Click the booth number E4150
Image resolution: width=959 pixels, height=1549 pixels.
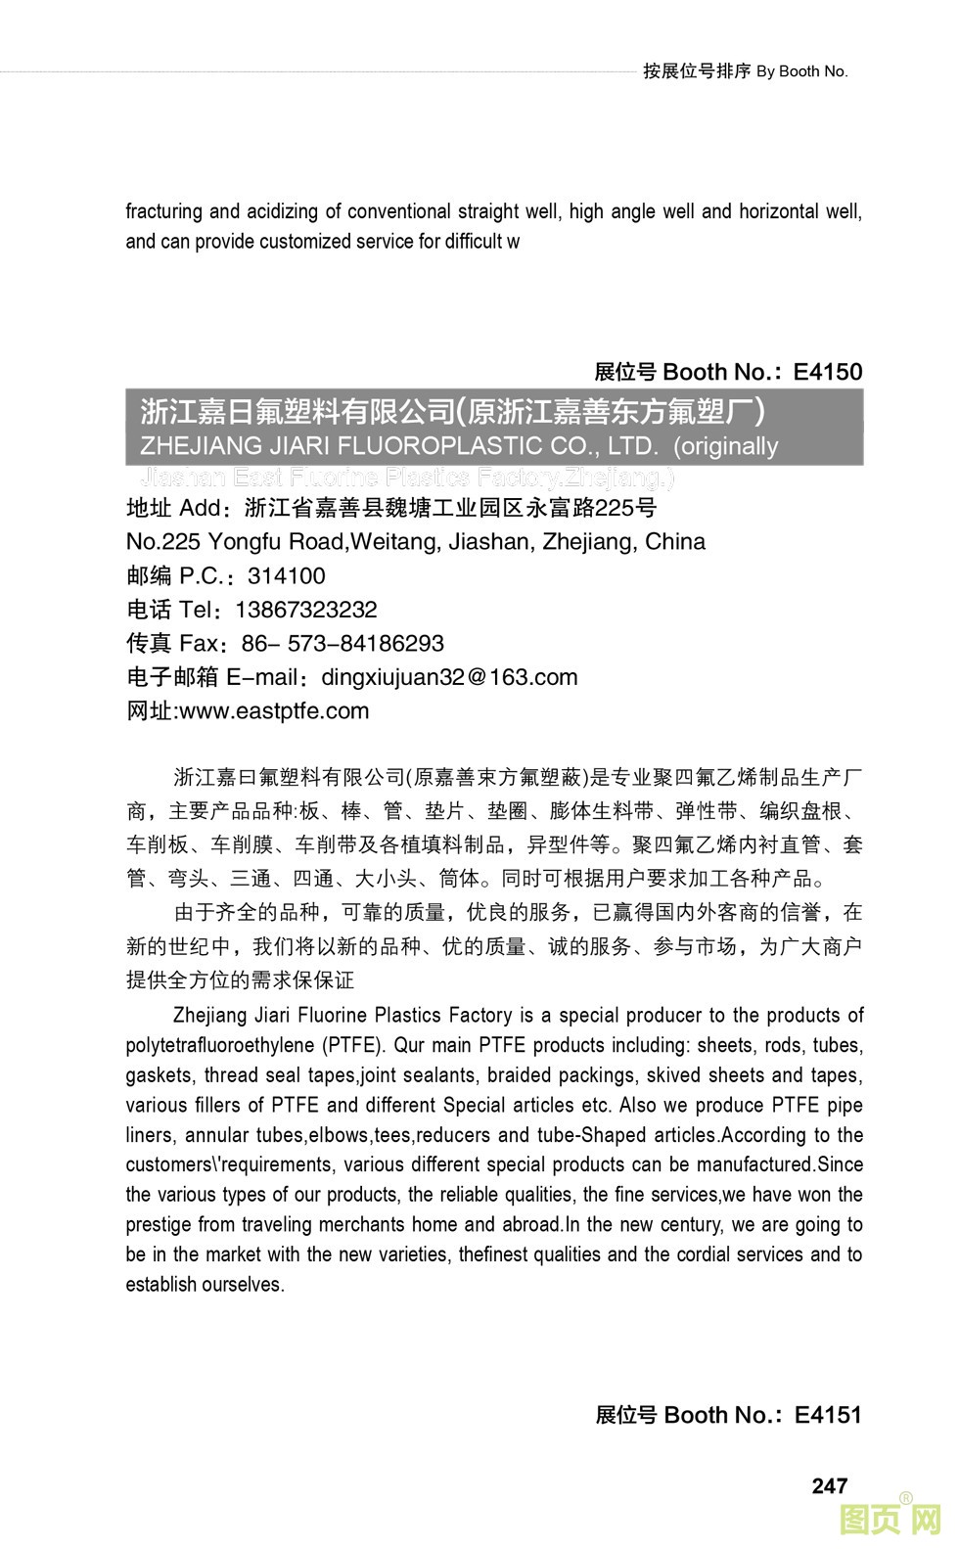coord(828,372)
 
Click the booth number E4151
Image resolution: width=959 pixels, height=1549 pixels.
coord(828,1415)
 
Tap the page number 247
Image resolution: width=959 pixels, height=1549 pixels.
coord(830,1485)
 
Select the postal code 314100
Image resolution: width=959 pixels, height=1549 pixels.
coord(287,575)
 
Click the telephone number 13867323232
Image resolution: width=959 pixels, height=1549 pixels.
coord(306,610)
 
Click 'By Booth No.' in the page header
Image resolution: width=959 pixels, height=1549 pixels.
coord(802,71)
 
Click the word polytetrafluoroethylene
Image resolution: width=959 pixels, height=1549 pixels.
coord(220,1045)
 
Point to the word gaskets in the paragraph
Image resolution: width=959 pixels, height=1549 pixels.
coord(159,1075)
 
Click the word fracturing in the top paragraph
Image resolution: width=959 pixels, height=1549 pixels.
coord(163,211)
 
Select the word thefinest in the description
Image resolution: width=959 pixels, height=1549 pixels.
coord(494,1254)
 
